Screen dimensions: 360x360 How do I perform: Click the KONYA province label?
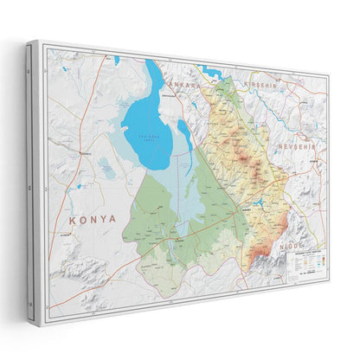[93, 219]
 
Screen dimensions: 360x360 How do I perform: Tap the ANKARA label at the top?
[184, 86]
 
